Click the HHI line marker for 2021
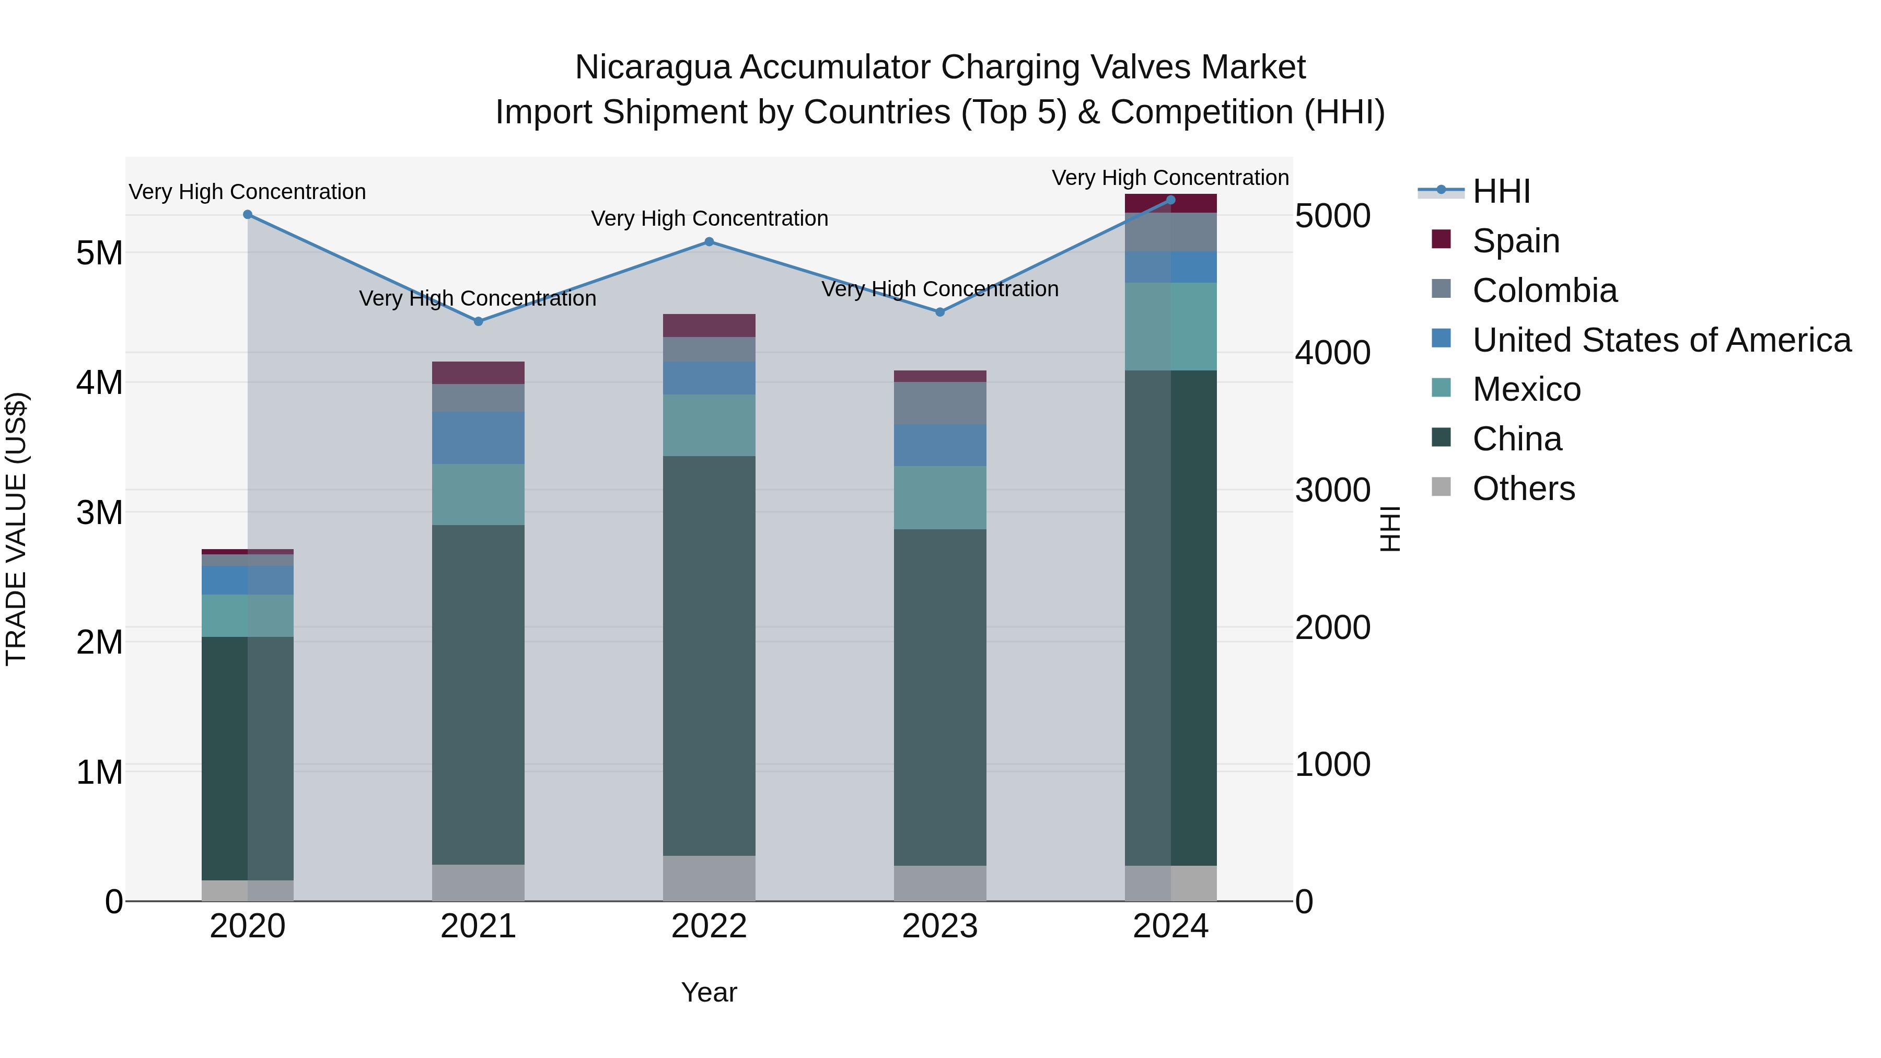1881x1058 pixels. click(478, 321)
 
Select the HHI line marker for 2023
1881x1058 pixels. click(940, 312)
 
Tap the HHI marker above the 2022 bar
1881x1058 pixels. click(709, 242)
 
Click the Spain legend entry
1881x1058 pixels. click(1516, 241)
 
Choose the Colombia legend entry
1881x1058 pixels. click(1545, 290)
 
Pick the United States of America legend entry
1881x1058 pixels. click(1661, 340)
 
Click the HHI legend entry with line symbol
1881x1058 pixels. click(1501, 191)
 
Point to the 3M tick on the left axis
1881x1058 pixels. click(99, 513)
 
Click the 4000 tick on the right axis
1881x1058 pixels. click(1332, 353)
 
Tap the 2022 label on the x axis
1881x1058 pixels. click(709, 926)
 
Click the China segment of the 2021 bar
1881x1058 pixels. click(478, 694)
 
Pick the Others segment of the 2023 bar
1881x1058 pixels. click(940, 883)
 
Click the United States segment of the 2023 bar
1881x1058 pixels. click(940, 445)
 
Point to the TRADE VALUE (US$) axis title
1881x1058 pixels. click(16, 529)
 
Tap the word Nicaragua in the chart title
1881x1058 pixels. click(652, 67)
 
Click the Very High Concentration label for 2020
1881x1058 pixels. click(248, 192)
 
